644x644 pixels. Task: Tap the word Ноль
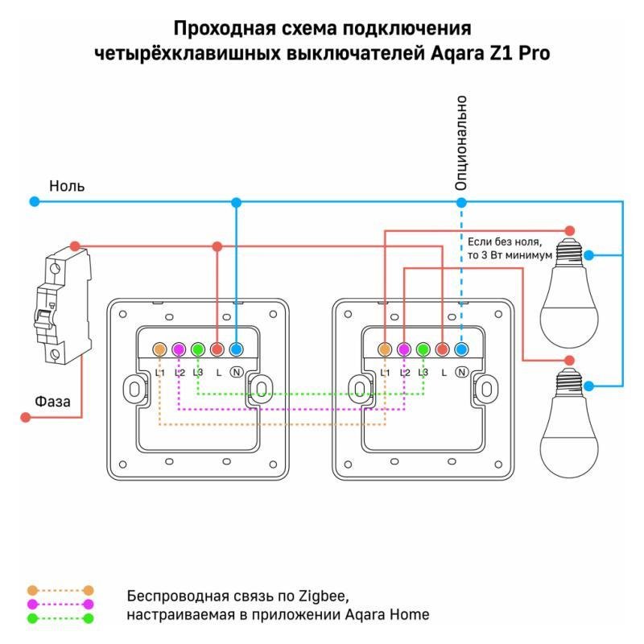pos(67,186)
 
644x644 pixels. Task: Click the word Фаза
pos(52,400)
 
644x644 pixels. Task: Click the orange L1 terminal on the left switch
pos(159,349)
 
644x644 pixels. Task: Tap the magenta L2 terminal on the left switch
pos(179,349)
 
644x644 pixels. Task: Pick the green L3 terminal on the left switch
pos(197,349)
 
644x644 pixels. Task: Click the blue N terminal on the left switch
pos(236,349)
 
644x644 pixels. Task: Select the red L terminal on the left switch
pos(217,349)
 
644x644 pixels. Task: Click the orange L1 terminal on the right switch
pos(385,349)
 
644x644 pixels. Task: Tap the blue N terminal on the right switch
pos(461,349)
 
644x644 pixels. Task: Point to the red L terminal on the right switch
pos(442,349)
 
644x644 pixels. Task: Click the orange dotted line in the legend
pos(60,590)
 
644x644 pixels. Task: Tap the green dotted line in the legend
pos(60,618)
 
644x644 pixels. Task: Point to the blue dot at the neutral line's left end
pos(33,201)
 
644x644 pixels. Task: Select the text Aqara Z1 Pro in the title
pos(489,53)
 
